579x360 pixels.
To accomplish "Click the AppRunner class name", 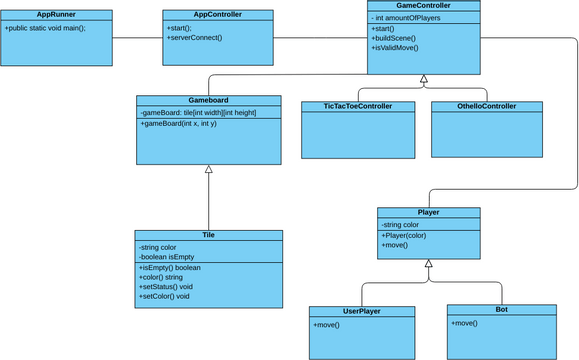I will coord(57,15).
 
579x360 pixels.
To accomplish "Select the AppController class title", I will coord(218,15).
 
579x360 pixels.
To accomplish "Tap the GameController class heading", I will coord(423,5).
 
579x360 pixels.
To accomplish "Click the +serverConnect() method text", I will coord(195,38).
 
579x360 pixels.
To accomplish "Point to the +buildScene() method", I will coord(394,38).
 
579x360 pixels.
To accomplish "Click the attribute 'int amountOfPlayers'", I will coord(409,17).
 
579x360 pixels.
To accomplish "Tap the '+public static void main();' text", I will coord(45,28).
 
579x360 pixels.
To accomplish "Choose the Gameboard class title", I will coord(208,101).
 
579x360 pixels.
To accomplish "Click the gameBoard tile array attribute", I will coord(199,113).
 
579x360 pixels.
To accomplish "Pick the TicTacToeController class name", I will coord(357,106).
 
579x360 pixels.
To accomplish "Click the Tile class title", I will coord(208,235).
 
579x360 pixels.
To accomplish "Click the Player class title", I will coord(428,212).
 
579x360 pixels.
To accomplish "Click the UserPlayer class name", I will coord(362,311).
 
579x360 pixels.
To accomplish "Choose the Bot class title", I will coord(501,310).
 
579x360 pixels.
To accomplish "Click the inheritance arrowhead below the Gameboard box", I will coord(208,170).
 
